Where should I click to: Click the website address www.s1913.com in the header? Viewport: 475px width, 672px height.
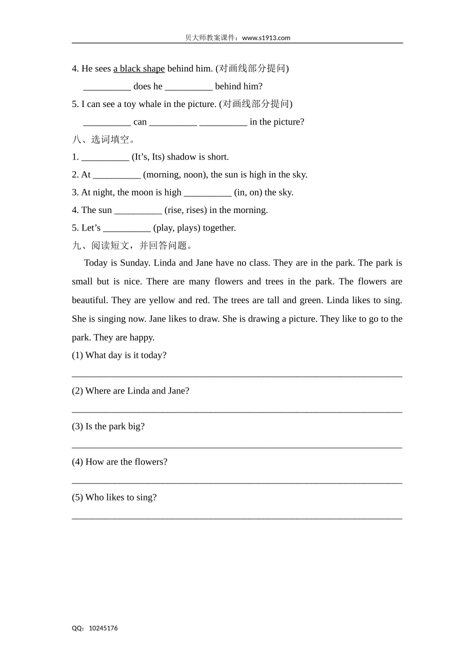(x=266, y=37)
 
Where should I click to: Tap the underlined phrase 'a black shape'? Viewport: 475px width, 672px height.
(x=139, y=68)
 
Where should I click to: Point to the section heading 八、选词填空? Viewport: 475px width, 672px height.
(x=103, y=139)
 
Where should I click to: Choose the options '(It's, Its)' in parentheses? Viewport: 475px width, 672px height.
(x=148, y=157)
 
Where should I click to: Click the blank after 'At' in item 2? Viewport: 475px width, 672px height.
(x=117, y=175)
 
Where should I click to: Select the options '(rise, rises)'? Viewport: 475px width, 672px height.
(x=185, y=210)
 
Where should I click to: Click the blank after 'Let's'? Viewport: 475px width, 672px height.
(x=127, y=228)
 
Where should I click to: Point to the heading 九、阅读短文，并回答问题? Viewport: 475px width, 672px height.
(x=132, y=245)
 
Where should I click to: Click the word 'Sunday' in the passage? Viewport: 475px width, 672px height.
(x=134, y=263)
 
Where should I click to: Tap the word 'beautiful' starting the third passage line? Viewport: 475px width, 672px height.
(x=90, y=300)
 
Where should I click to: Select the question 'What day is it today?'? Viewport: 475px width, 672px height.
(x=125, y=355)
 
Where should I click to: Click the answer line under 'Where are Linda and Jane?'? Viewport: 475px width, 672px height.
(x=237, y=411)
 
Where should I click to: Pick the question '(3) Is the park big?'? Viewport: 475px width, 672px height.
(x=108, y=426)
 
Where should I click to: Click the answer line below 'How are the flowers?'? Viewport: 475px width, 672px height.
(x=237, y=482)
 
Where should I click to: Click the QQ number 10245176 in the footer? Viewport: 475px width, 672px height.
(x=103, y=628)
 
